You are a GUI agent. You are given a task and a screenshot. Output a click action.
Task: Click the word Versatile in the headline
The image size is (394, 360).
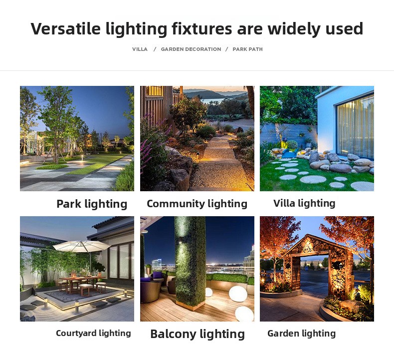click(65, 28)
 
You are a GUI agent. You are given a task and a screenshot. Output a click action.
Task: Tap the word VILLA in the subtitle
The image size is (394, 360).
click(140, 49)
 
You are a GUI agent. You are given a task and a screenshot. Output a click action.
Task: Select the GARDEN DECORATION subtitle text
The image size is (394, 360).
click(191, 49)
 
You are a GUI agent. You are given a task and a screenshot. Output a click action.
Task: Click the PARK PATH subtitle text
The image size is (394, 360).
click(247, 49)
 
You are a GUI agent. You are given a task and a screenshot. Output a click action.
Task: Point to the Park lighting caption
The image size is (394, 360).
click(92, 204)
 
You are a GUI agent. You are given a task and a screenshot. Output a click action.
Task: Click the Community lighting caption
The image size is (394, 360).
click(197, 204)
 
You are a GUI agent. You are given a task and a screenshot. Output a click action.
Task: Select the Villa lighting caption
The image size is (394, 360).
click(304, 203)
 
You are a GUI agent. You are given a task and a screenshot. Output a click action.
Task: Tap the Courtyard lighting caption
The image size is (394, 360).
click(93, 333)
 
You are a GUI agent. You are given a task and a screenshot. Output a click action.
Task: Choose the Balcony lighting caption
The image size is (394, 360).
click(197, 334)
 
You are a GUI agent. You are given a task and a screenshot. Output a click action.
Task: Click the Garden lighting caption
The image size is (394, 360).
click(302, 334)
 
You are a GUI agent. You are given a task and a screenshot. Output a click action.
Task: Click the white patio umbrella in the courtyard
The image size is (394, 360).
click(82, 245)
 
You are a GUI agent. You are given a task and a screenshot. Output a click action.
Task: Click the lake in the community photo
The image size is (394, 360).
click(213, 101)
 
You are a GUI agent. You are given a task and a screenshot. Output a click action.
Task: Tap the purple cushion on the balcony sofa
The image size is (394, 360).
click(158, 275)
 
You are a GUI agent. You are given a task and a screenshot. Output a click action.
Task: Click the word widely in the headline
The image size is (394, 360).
click(294, 28)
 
